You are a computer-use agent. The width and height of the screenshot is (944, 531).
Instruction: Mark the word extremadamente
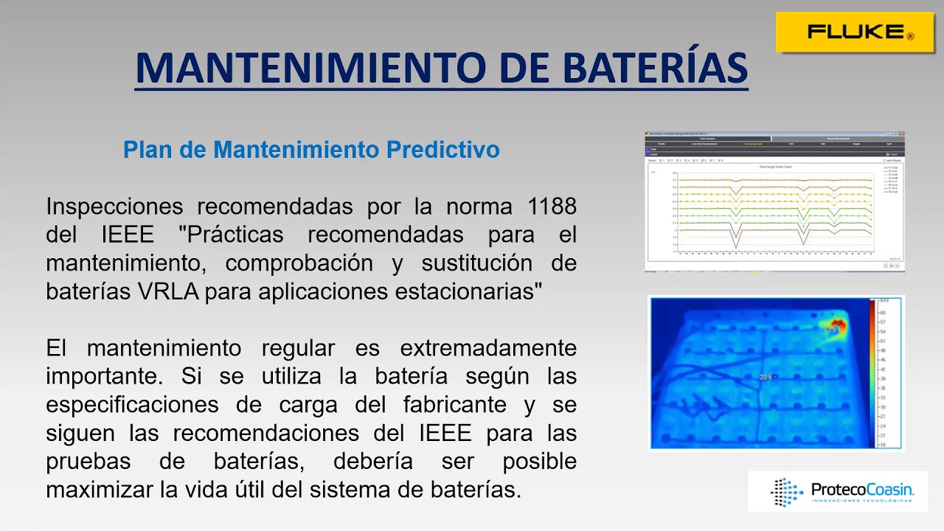(488, 348)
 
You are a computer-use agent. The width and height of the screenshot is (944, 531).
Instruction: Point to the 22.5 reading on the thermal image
(767, 378)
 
